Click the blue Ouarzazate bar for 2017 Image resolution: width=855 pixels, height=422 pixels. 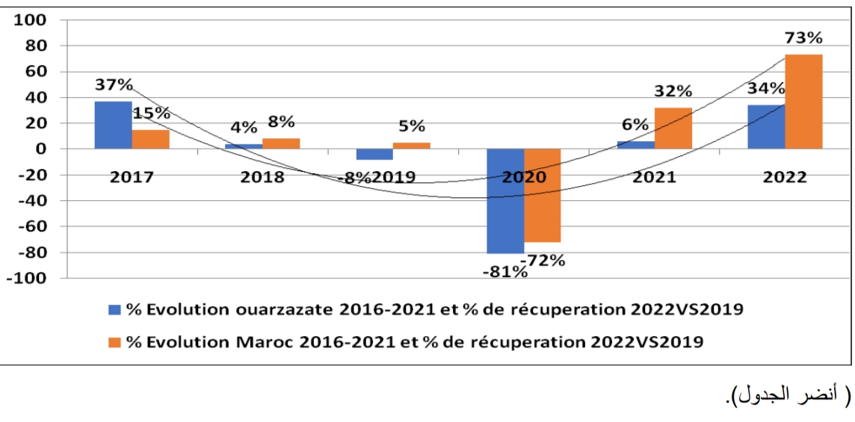(113, 125)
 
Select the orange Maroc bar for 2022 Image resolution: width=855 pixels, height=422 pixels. (803, 102)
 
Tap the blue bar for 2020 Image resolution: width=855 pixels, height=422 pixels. (505, 201)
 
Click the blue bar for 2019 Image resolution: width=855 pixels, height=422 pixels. (374, 155)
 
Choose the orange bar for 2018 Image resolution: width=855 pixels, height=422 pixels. (281, 143)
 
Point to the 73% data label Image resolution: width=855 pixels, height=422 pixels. (803, 37)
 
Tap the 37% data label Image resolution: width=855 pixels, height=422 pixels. (114, 84)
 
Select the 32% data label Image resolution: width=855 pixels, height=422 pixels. (673, 91)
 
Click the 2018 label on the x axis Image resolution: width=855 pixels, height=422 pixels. (262, 178)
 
